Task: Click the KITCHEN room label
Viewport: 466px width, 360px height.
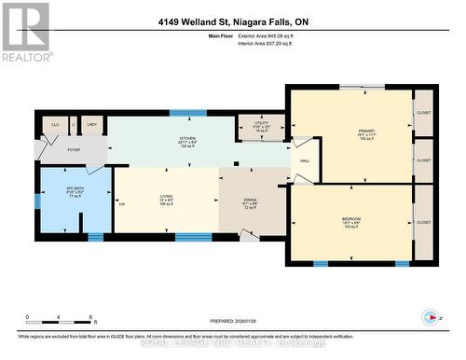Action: (187, 138)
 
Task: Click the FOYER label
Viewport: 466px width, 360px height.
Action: (73, 147)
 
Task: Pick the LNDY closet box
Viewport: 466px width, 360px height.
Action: (91, 124)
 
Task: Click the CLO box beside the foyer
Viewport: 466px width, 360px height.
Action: (54, 124)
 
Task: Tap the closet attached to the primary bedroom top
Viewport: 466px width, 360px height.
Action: (424, 112)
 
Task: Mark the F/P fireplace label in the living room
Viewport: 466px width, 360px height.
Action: (120, 204)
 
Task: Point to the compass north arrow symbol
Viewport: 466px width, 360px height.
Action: (430, 316)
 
